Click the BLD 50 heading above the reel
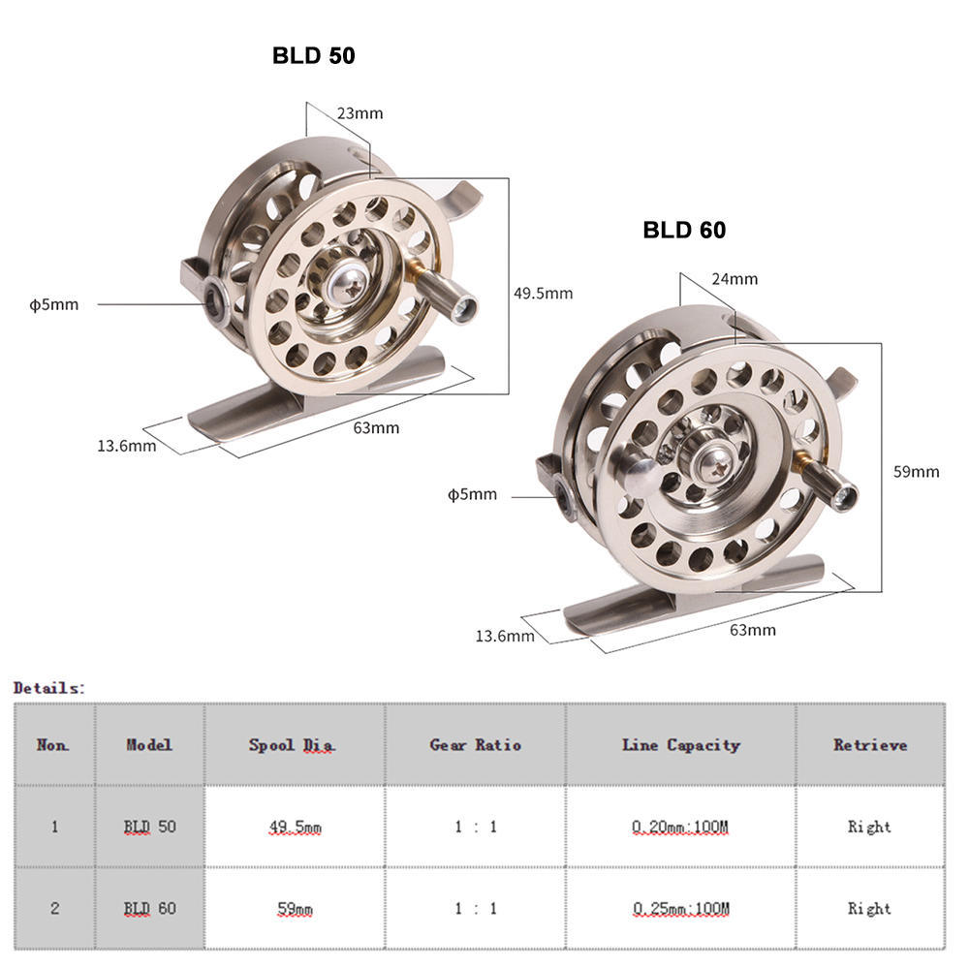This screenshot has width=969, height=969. (313, 56)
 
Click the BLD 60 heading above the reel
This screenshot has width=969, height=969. (684, 230)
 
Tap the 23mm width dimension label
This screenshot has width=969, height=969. (359, 113)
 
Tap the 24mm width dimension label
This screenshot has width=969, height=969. (734, 279)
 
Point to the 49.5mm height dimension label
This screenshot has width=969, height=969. (543, 293)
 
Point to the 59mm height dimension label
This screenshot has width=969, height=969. (916, 472)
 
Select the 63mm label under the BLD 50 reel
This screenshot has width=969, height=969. (376, 427)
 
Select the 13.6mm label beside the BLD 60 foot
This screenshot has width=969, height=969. (504, 636)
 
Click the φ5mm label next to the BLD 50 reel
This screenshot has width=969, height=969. (53, 304)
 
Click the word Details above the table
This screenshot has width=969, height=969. (48, 688)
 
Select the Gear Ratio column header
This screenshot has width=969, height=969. (475, 744)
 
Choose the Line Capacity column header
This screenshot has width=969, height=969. (680, 744)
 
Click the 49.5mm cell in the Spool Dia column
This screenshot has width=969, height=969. (295, 827)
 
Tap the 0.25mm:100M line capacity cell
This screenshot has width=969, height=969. (680, 909)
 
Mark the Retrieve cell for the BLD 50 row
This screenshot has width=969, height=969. (869, 827)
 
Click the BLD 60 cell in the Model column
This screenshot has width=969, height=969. (149, 909)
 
